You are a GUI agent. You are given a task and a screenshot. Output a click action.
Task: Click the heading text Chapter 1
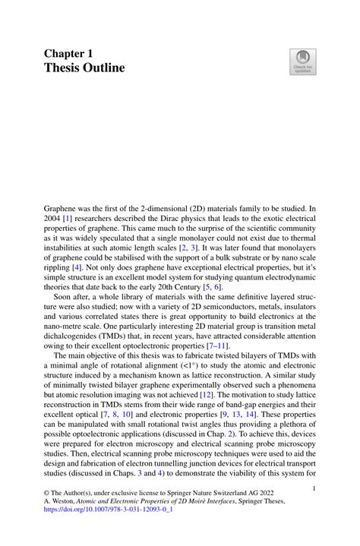point(68,54)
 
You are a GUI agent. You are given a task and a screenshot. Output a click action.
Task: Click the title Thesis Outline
point(84,68)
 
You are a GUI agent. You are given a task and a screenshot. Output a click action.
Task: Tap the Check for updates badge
point(302,62)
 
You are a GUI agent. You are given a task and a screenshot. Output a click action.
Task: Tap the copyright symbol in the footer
point(46,502)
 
